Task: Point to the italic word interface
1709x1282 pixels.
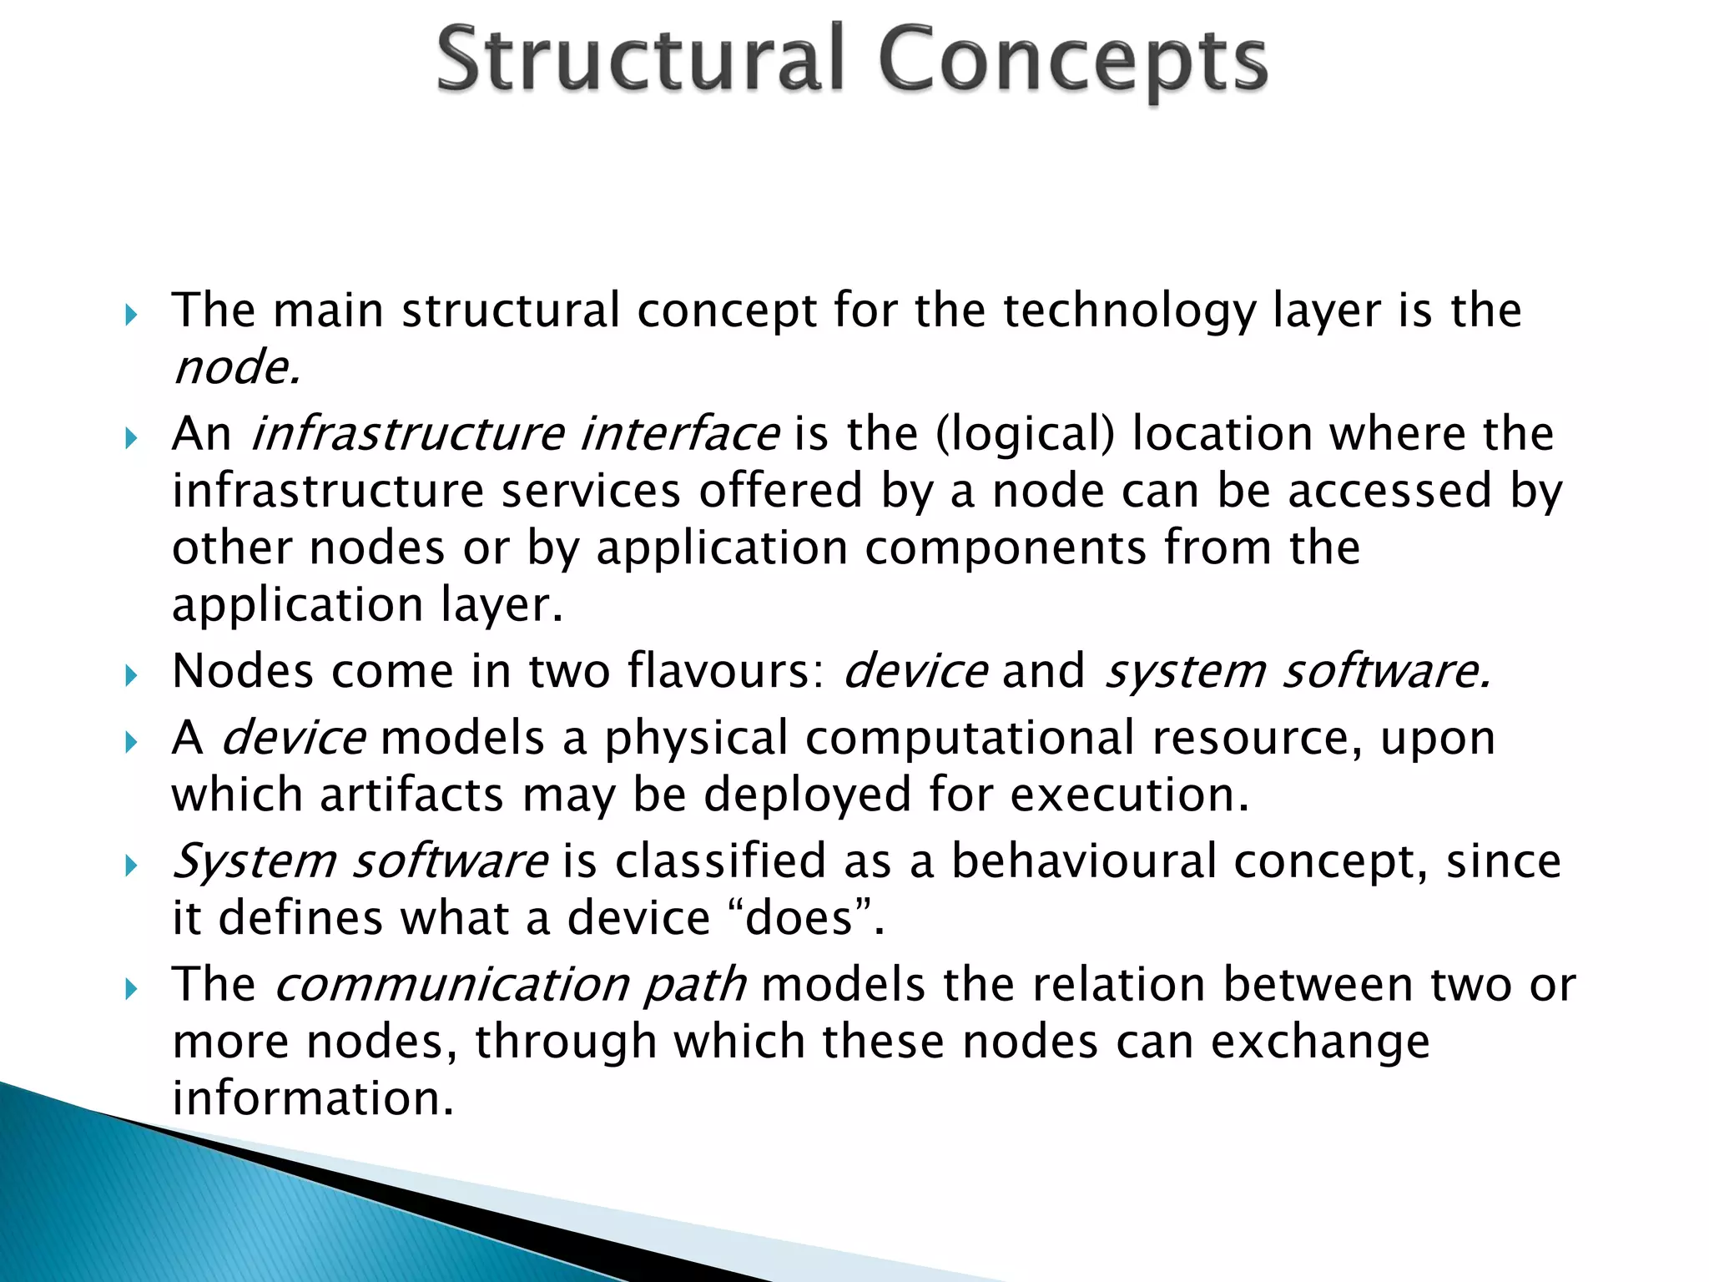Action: [x=679, y=434]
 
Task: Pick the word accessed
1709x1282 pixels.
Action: [x=1389, y=491]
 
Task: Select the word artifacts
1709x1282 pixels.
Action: [x=412, y=795]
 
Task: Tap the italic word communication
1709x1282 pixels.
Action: [x=451, y=985]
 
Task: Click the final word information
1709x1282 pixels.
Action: [x=313, y=1098]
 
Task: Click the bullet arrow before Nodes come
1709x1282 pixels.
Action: [x=131, y=674]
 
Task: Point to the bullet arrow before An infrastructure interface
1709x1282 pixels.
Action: [x=131, y=437]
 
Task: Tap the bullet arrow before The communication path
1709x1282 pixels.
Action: [x=131, y=989]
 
